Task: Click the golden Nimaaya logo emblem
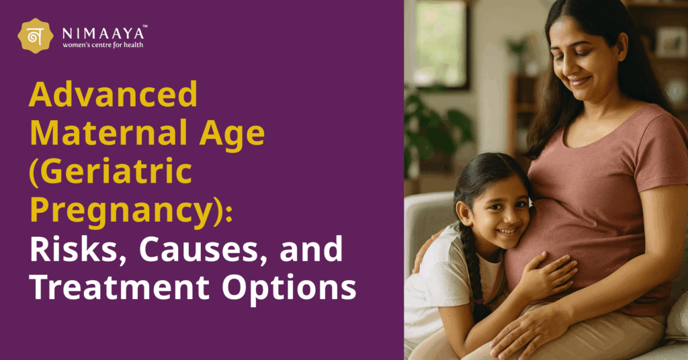click(36, 36)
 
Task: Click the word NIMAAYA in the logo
click(100, 32)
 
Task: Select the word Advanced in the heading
click(113, 96)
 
